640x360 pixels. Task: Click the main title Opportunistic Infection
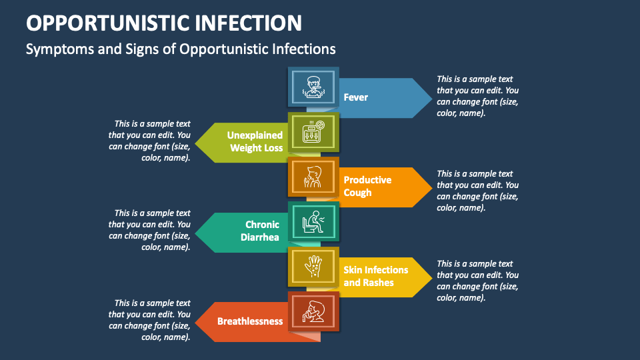(x=164, y=23)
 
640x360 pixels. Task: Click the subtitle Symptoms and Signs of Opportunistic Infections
(x=181, y=49)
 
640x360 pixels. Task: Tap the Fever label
(x=356, y=97)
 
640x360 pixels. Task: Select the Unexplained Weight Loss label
(x=255, y=141)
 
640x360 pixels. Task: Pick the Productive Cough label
(x=367, y=186)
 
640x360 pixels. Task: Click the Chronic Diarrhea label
(x=262, y=231)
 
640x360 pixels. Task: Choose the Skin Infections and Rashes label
(x=375, y=276)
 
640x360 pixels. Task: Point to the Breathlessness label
(x=250, y=321)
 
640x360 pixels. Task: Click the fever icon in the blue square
(x=313, y=87)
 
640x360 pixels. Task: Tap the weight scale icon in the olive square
(x=313, y=131)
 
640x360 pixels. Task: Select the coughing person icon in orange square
(x=313, y=177)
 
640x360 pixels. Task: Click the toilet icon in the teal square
(x=313, y=221)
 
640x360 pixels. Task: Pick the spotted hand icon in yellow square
(x=313, y=267)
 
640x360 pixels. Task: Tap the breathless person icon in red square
(x=313, y=311)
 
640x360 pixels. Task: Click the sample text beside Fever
(x=477, y=96)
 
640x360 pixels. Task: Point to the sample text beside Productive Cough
(x=477, y=191)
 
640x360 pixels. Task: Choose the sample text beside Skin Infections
(x=477, y=281)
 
